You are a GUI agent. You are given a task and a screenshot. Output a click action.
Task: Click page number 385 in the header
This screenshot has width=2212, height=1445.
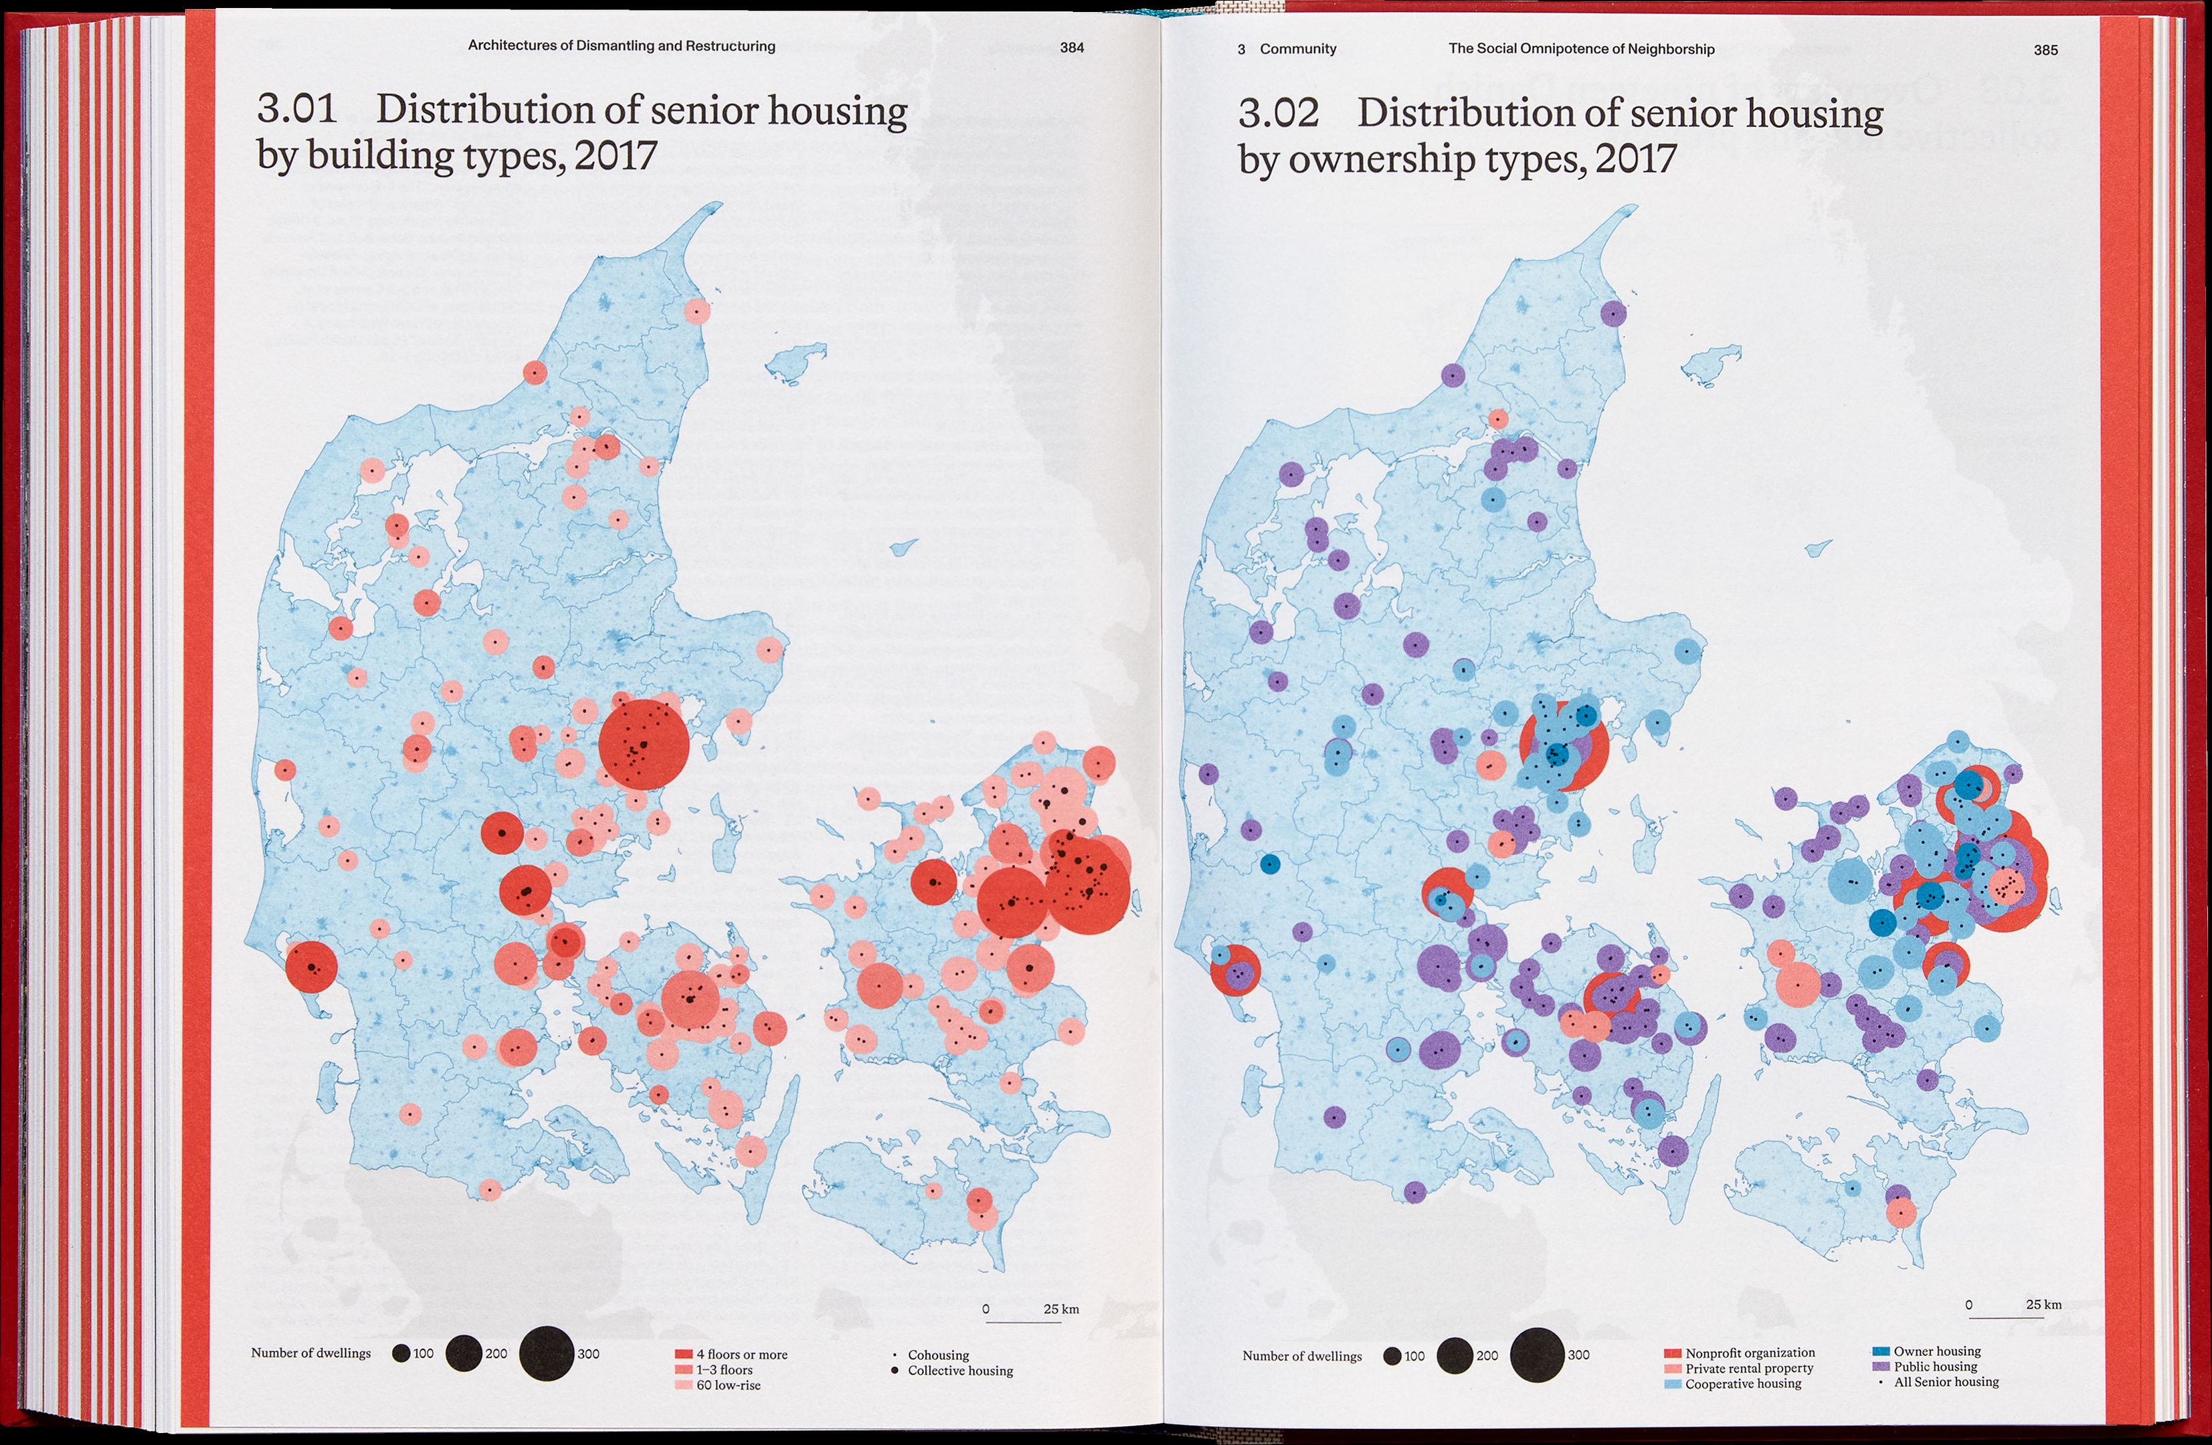click(x=2045, y=50)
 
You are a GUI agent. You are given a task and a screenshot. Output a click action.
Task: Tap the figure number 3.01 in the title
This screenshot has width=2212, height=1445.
click(x=296, y=110)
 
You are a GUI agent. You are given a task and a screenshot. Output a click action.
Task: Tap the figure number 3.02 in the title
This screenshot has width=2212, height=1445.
click(x=1278, y=113)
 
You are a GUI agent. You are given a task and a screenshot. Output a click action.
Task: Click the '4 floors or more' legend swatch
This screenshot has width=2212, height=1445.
click(x=683, y=1355)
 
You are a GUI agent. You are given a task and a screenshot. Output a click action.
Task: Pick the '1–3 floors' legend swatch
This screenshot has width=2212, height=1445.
click(x=683, y=1369)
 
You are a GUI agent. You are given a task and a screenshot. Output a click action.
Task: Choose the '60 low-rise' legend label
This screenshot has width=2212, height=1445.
click(x=728, y=1385)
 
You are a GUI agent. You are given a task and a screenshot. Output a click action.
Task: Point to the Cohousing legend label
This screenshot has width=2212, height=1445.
click(x=938, y=1355)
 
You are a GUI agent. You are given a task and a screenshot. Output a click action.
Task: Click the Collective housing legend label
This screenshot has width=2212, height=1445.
click(x=960, y=1371)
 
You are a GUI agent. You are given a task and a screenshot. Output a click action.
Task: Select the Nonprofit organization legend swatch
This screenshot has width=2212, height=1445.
click(x=1673, y=1353)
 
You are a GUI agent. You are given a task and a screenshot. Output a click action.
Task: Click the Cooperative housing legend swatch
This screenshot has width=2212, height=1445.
click(x=1673, y=1383)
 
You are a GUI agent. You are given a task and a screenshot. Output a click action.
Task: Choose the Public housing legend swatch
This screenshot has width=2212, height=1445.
click(x=1880, y=1367)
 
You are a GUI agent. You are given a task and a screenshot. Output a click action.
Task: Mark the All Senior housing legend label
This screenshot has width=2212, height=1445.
click(x=1946, y=1382)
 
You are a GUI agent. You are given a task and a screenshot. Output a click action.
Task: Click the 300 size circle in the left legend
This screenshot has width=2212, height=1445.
click(x=547, y=1353)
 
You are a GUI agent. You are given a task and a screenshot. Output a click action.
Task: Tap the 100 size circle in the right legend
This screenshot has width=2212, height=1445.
click(x=1391, y=1356)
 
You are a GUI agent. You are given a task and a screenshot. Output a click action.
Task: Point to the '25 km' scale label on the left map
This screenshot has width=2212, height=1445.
click(x=1061, y=1309)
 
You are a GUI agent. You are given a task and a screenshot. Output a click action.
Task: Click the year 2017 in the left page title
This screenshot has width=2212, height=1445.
click(x=616, y=155)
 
